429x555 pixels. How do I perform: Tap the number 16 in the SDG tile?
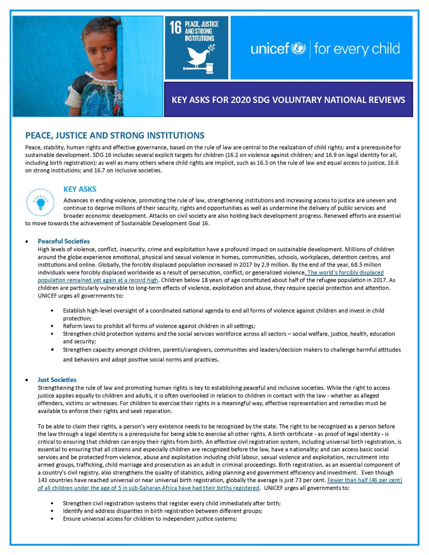[x=175, y=28]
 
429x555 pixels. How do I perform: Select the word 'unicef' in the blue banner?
[x=270, y=49]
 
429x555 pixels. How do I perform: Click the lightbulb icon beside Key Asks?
[x=40, y=203]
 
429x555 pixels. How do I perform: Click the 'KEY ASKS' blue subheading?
[x=80, y=189]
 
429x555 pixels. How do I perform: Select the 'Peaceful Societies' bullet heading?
[x=64, y=241]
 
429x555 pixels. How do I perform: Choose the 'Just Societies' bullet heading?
[x=57, y=380]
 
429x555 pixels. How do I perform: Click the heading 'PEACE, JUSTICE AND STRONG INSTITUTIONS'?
[x=115, y=136]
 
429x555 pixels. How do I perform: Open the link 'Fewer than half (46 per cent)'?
[x=365, y=480]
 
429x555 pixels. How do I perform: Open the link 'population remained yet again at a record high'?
[x=98, y=280]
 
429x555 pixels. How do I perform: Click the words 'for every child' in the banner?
[x=357, y=49]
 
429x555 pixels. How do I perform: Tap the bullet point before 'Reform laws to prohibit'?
[x=53, y=326]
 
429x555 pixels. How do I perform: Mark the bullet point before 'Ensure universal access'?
[x=53, y=519]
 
